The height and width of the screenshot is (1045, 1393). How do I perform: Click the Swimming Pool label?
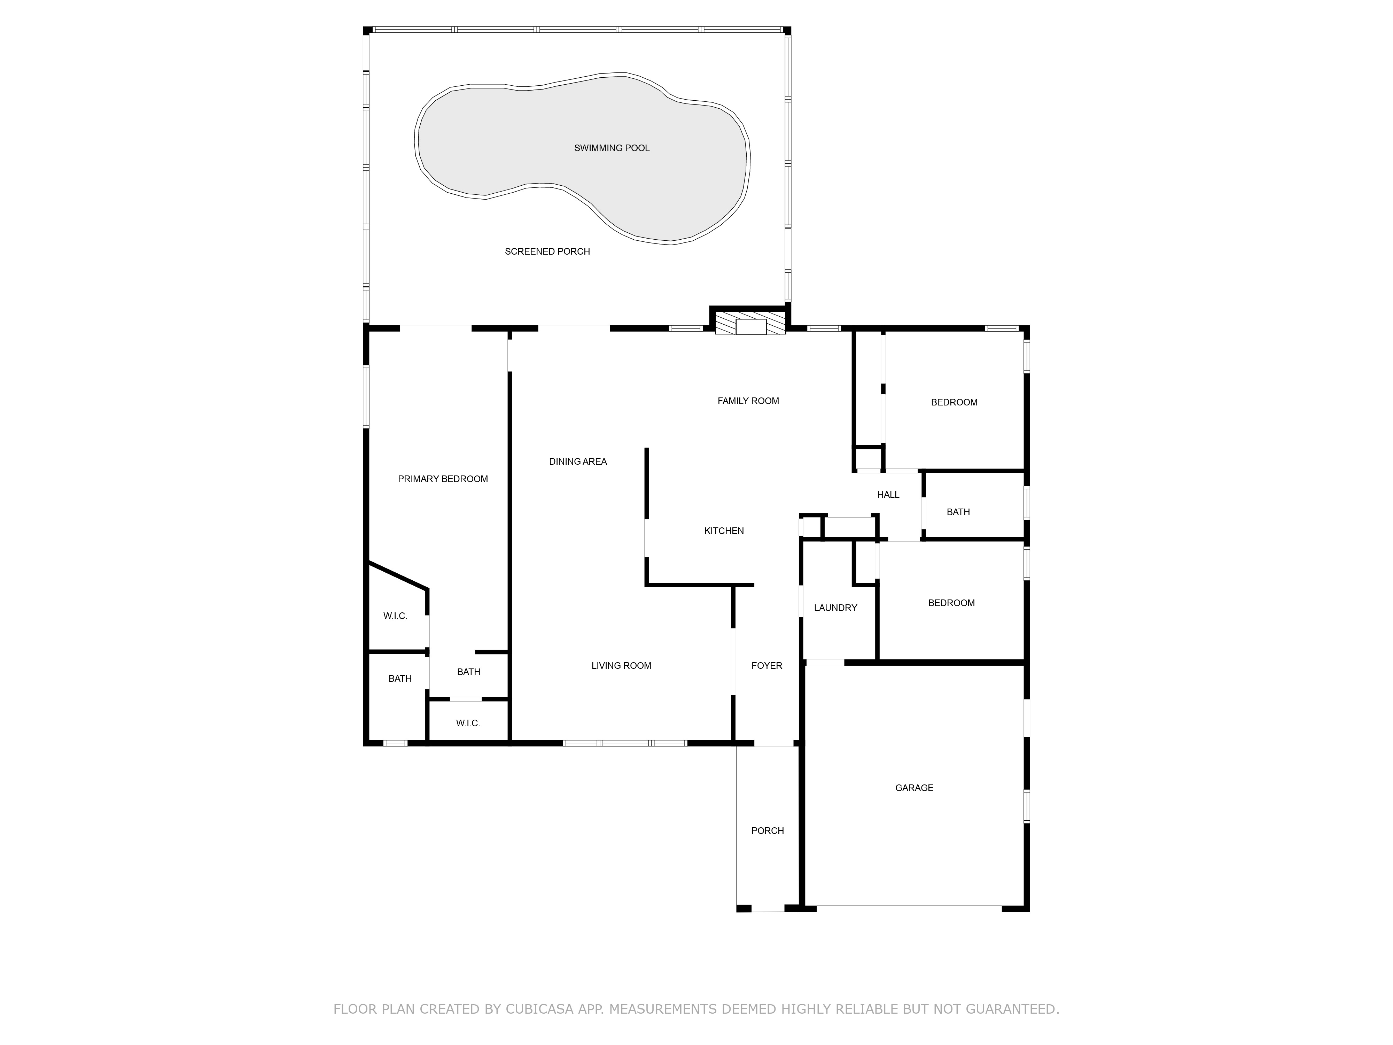(x=612, y=148)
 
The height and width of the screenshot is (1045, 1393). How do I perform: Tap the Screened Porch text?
(x=547, y=251)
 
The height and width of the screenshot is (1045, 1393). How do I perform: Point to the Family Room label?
(x=748, y=401)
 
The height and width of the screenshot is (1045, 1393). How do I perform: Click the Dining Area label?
(x=577, y=462)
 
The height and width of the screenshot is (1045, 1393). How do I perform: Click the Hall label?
(x=888, y=495)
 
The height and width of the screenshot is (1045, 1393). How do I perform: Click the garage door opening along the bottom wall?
(x=909, y=909)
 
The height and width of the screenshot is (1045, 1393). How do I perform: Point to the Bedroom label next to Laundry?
(x=951, y=603)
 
